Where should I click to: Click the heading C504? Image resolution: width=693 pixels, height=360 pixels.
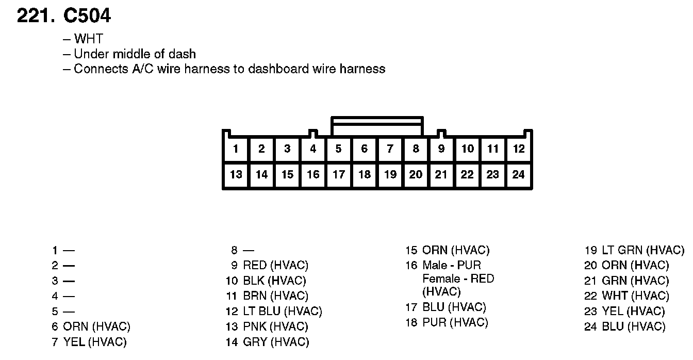[x=87, y=16]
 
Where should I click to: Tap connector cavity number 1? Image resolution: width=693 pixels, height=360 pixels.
[x=236, y=149]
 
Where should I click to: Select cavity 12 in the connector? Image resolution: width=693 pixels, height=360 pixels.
[x=519, y=149]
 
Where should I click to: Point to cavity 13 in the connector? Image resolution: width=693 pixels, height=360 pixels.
[x=236, y=174]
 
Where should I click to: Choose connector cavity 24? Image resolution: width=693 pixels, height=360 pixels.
[x=519, y=174]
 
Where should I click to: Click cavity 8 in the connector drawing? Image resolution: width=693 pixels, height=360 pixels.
[x=416, y=149]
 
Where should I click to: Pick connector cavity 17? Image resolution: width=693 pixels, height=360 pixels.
[x=338, y=174]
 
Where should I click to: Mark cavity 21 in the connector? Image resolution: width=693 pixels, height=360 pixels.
[x=441, y=174]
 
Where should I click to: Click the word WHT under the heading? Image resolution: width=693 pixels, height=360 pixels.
[x=88, y=39]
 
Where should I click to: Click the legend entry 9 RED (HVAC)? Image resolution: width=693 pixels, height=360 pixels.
[x=269, y=265]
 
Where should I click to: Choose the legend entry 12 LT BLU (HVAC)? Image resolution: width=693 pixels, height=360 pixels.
[x=274, y=311]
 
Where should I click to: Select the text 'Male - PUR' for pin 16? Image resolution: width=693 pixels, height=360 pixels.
[x=452, y=265]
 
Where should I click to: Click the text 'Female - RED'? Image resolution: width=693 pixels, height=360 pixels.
[x=458, y=279]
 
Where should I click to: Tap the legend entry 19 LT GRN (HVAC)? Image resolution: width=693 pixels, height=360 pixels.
[x=634, y=250]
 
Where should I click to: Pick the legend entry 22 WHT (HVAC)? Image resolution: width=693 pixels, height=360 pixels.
[x=626, y=296]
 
